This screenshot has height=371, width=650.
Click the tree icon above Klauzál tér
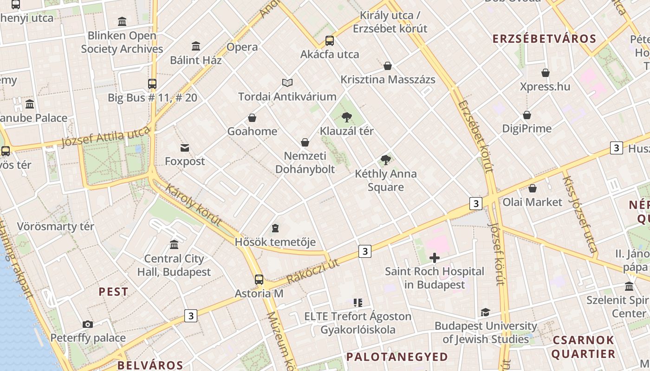pyautogui.click(x=346, y=117)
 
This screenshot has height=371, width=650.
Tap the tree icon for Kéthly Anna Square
pyautogui.click(x=385, y=160)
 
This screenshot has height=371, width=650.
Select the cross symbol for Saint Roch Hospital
pyautogui.click(x=435, y=258)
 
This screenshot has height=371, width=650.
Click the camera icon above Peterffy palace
pyautogui.click(x=88, y=324)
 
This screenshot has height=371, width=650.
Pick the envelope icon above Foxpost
pyautogui.click(x=185, y=148)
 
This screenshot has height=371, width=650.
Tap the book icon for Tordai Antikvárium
pyautogui.click(x=287, y=83)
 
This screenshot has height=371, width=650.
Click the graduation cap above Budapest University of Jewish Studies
pyautogui.click(x=485, y=313)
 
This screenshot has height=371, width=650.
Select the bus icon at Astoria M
pyautogui.click(x=259, y=280)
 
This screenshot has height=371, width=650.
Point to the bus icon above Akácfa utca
pyautogui.click(x=330, y=41)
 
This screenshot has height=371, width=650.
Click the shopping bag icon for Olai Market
pyautogui.click(x=533, y=188)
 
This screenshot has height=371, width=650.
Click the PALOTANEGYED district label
pyautogui.click(x=397, y=357)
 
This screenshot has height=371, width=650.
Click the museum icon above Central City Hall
pyautogui.click(x=174, y=244)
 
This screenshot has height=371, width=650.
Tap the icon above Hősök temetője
pyautogui.click(x=275, y=228)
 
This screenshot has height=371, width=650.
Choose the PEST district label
pyautogui.click(x=113, y=292)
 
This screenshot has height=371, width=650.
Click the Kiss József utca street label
pyautogui.click(x=580, y=214)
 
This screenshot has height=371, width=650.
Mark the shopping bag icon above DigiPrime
pyautogui.click(x=527, y=115)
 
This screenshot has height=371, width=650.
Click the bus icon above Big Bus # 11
pyautogui.click(x=152, y=84)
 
